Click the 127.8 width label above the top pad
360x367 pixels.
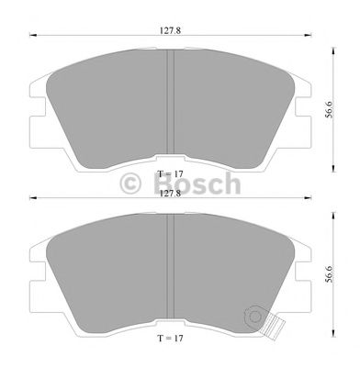point(170,30)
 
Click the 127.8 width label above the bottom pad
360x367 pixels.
point(170,194)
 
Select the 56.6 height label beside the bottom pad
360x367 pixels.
point(329,273)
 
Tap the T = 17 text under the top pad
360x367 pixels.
point(171,174)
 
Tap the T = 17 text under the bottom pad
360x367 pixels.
point(171,339)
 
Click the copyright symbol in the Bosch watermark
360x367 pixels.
point(130,183)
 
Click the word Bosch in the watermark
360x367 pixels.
point(197,183)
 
